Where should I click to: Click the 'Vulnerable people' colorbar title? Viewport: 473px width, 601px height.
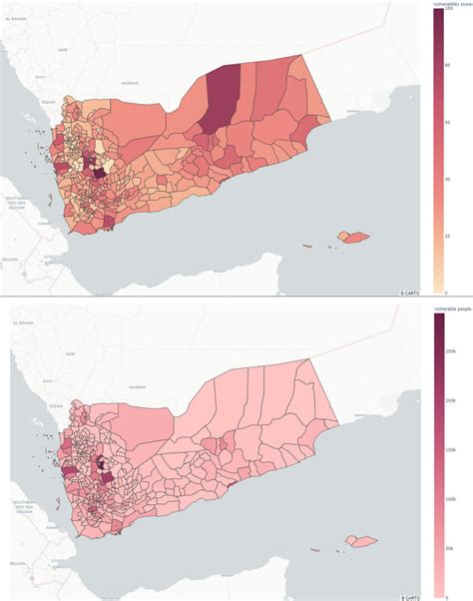[452, 312]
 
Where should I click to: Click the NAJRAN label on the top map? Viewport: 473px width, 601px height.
[130, 83]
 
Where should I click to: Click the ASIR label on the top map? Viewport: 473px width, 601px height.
[63, 49]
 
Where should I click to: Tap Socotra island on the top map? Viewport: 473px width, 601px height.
[355, 236]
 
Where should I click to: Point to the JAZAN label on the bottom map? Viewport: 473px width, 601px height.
[57, 406]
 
